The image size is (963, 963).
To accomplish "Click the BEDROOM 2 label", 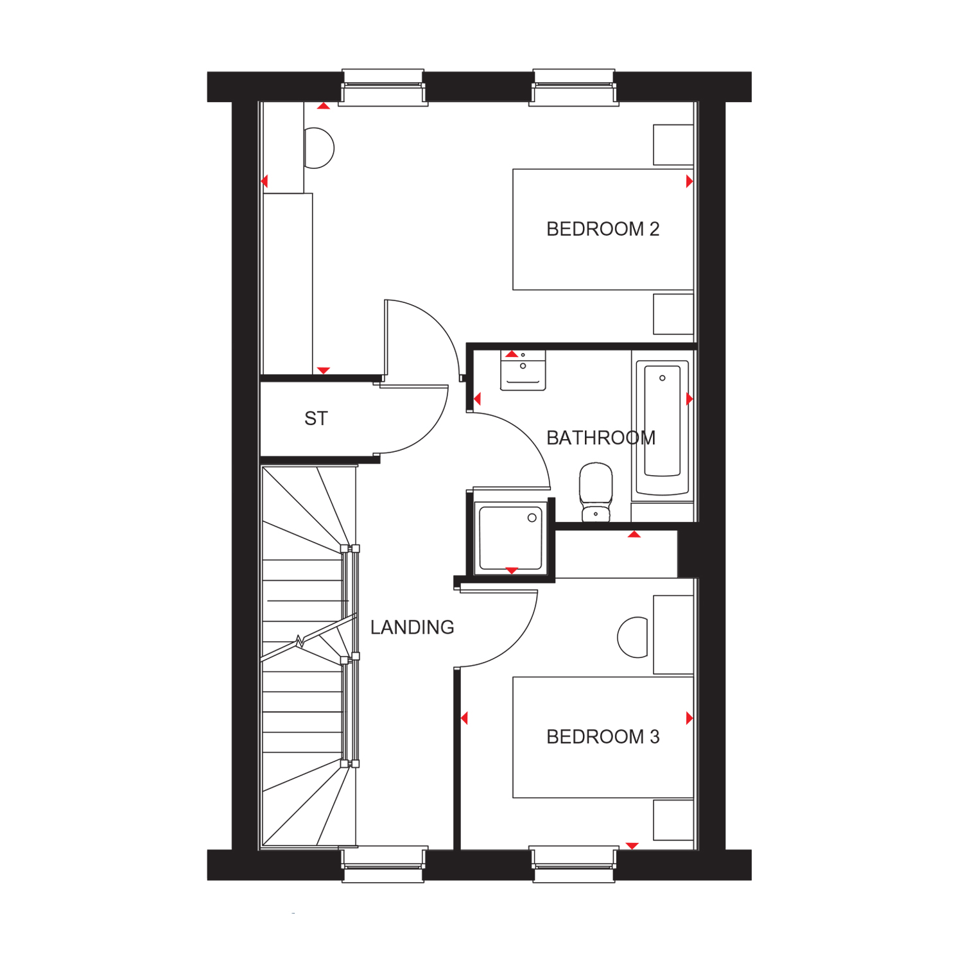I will pyautogui.click(x=602, y=229).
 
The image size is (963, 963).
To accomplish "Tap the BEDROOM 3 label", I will pyautogui.click(x=602, y=737).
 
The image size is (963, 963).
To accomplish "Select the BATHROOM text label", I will pyautogui.click(x=600, y=438).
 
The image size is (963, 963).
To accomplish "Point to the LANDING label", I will pyautogui.click(x=412, y=627).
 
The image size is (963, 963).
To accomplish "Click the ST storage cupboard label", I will pyautogui.click(x=316, y=419).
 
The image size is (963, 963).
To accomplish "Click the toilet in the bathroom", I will pyautogui.click(x=596, y=491).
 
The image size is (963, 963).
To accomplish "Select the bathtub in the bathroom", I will pyautogui.click(x=662, y=428).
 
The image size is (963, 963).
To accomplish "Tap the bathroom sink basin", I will pyautogui.click(x=523, y=370).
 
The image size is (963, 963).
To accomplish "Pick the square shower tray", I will pyautogui.click(x=511, y=538).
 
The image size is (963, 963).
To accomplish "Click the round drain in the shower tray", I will pyautogui.click(x=532, y=518).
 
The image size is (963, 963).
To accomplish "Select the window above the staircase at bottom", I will pyautogui.click(x=383, y=865).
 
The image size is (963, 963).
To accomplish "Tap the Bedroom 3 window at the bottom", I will pyautogui.click(x=574, y=865).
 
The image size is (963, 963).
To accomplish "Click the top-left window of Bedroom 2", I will pyautogui.click(x=383, y=87).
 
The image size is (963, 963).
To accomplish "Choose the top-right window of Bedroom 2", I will pyautogui.click(x=574, y=87).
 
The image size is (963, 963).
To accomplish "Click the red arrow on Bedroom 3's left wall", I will pyautogui.click(x=464, y=718).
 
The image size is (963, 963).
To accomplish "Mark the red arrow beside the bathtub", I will pyautogui.click(x=690, y=399).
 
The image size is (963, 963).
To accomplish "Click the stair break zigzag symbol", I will pyautogui.click(x=300, y=640).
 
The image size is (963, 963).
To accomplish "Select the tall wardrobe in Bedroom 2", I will pyautogui.click(x=288, y=282).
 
